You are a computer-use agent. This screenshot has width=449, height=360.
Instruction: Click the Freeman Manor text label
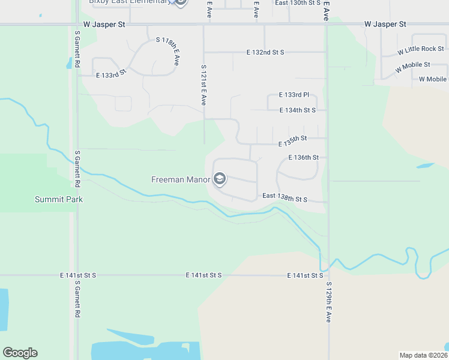coord(181,179)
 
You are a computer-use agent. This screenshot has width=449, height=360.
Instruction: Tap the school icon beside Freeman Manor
coord(220,179)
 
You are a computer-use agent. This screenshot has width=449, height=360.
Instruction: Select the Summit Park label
coord(58,199)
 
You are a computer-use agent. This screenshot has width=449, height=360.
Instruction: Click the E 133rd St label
coord(111,73)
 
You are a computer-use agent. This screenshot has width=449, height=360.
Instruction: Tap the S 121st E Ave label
coord(204,85)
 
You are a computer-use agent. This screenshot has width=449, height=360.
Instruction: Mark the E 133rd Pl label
coord(294,95)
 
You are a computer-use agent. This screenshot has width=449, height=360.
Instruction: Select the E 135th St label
coord(293,141)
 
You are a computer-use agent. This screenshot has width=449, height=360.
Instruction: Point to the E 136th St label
coord(303,158)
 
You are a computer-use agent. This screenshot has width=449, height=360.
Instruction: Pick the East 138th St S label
coord(285,197)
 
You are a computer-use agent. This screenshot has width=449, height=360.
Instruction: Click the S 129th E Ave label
coord(329,302)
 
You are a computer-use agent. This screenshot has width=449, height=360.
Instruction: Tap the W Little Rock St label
coord(420,49)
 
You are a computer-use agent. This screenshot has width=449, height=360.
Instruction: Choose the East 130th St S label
coord(297,3)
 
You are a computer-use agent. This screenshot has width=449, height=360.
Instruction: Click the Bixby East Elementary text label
coord(129,2)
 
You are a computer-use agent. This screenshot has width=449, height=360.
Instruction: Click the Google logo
coord(20,353)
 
